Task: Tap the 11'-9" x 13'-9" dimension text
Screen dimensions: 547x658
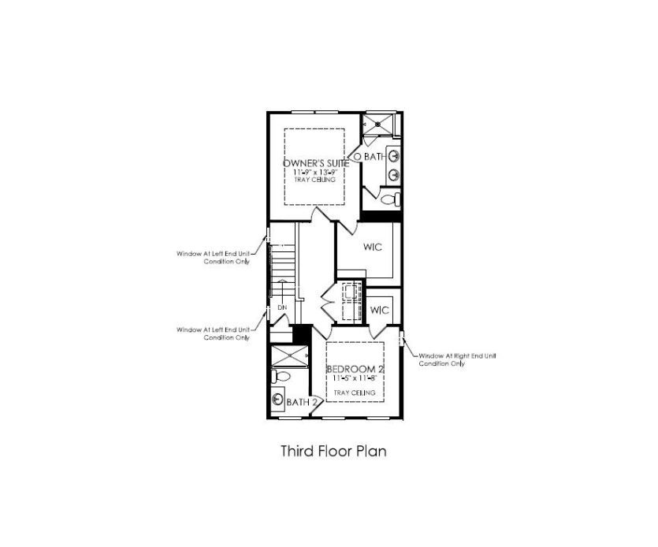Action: coord(315,172)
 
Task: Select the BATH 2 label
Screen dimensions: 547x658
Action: coord(302,402)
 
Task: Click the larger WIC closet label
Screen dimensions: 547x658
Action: coord(372,247)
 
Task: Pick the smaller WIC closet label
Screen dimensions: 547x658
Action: coord(380,309)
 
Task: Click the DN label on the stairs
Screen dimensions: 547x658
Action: coord(281,307)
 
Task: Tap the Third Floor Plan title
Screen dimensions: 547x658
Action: coord(333,452)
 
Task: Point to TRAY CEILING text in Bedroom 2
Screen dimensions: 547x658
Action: coord(351,392)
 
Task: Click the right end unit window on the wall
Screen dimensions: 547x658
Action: coord(403,340)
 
